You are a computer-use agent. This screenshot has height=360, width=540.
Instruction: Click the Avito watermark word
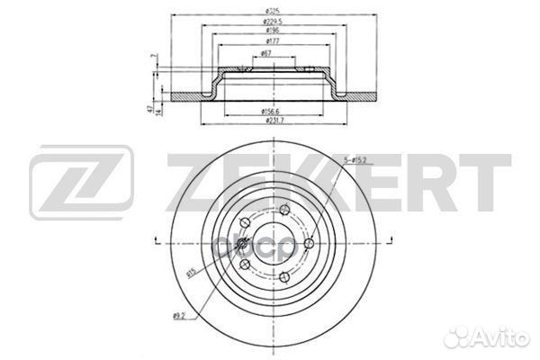click(500, 338)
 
